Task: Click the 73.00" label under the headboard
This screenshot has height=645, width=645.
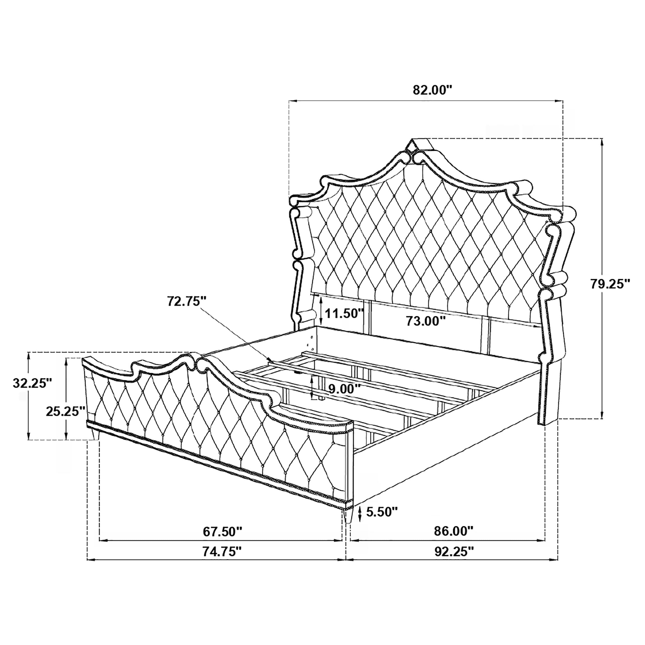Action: (x=426, y=321)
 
